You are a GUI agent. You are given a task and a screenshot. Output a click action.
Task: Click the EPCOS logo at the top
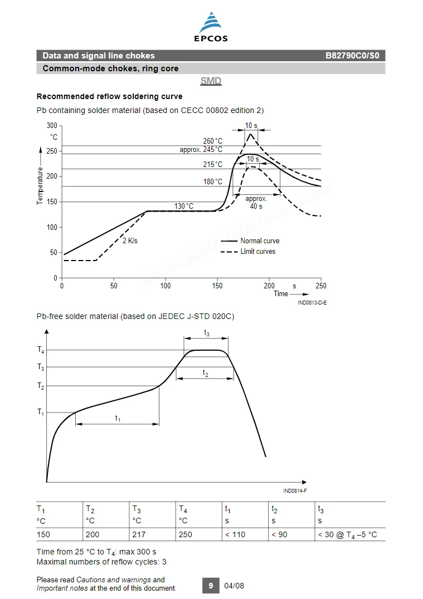point(211,27)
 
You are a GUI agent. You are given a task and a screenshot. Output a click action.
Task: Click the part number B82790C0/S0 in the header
point(352,56)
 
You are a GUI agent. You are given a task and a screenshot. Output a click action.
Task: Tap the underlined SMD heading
point(211,81)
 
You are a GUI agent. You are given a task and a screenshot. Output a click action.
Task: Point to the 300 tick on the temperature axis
point(52,126)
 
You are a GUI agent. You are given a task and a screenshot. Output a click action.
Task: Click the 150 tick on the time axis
point(217,286)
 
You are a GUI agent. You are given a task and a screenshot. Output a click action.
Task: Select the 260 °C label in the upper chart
point(213,141)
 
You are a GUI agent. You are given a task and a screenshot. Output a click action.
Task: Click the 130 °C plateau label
point(184,207)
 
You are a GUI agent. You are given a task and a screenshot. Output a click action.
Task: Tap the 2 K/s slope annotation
point(130,240)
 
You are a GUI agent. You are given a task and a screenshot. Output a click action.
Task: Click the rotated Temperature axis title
point(40,186)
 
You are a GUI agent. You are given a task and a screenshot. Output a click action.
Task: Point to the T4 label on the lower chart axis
point(41,350)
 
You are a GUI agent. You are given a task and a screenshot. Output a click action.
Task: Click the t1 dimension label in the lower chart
point(118,419)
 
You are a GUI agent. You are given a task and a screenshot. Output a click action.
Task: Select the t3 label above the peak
point(207,333)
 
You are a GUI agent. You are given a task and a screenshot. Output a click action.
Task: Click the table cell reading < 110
point(235,534)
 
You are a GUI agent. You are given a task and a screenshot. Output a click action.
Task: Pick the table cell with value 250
point(186,534)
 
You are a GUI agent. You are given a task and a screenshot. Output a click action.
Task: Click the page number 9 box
point(211,586)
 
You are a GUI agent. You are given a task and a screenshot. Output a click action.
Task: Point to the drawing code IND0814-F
point(295,491)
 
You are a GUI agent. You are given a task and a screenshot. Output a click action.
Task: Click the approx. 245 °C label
point(201,150)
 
